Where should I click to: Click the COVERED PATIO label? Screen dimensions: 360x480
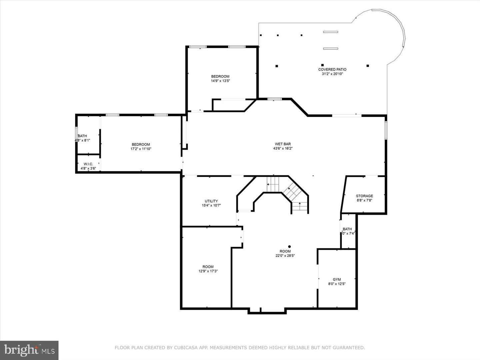pos(332,70)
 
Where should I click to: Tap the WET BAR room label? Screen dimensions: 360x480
pos(283,144)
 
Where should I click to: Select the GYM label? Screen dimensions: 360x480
pos(337,280)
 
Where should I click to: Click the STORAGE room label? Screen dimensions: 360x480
pos(364,196)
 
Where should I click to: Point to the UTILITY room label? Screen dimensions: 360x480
pos(211,201)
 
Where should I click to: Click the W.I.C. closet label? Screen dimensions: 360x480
pos(88,164)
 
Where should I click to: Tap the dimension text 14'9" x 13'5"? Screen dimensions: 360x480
pos(220,81)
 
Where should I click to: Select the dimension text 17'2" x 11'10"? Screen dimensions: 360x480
pos(141,149)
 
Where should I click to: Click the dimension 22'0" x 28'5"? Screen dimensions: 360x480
pos(285,256)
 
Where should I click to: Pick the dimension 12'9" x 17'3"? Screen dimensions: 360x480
pos(208,271)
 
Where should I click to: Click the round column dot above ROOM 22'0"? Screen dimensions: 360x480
pos(289,247)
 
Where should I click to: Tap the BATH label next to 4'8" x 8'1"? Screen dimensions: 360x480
pos(82,136)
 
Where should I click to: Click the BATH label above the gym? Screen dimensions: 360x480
pos(347,229)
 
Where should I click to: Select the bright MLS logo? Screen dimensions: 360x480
pos(29,350)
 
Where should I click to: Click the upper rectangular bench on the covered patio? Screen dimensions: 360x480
pos(330,32)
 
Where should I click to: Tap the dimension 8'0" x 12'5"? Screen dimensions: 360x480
pos(337,284)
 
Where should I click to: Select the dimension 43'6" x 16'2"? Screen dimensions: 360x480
pos(283,148)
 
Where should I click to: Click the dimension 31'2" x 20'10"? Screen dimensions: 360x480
pos(332,74)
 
